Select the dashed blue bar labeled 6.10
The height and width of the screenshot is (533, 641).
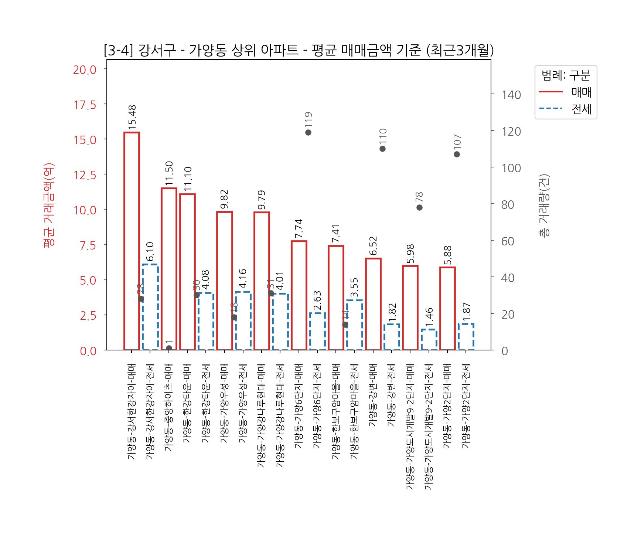click(150, 307)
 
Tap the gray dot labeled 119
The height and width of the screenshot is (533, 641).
click(308, 132)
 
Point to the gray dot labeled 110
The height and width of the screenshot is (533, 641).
click(382, 149)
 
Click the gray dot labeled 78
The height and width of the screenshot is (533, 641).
click(419, 207)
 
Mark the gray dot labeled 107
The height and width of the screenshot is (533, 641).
click(457, 154)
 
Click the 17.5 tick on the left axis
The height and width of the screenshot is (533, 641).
click(85, 105)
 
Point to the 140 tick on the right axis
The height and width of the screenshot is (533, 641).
click(511, 95)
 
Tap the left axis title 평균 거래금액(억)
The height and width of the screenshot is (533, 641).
click(49, 205)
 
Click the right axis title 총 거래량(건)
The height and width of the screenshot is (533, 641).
click(544, 205)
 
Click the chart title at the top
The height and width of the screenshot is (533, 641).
click(299, 50)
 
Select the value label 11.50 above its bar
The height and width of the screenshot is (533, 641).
click(169, 173)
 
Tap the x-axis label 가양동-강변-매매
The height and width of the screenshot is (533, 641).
click(373, 395)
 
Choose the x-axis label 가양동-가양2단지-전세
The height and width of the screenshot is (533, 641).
click(466, 406)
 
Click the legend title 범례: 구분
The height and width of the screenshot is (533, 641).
click(566, 75)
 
